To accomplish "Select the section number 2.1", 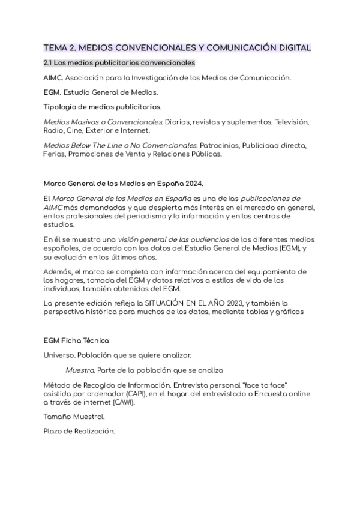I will click(x=49, y=62).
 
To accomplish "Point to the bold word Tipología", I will click(x=62, y=107).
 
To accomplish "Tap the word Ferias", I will click(x=55, y=154).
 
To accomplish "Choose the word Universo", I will click(x=60, y=355).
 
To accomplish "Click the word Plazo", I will click(x=54, y=431).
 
